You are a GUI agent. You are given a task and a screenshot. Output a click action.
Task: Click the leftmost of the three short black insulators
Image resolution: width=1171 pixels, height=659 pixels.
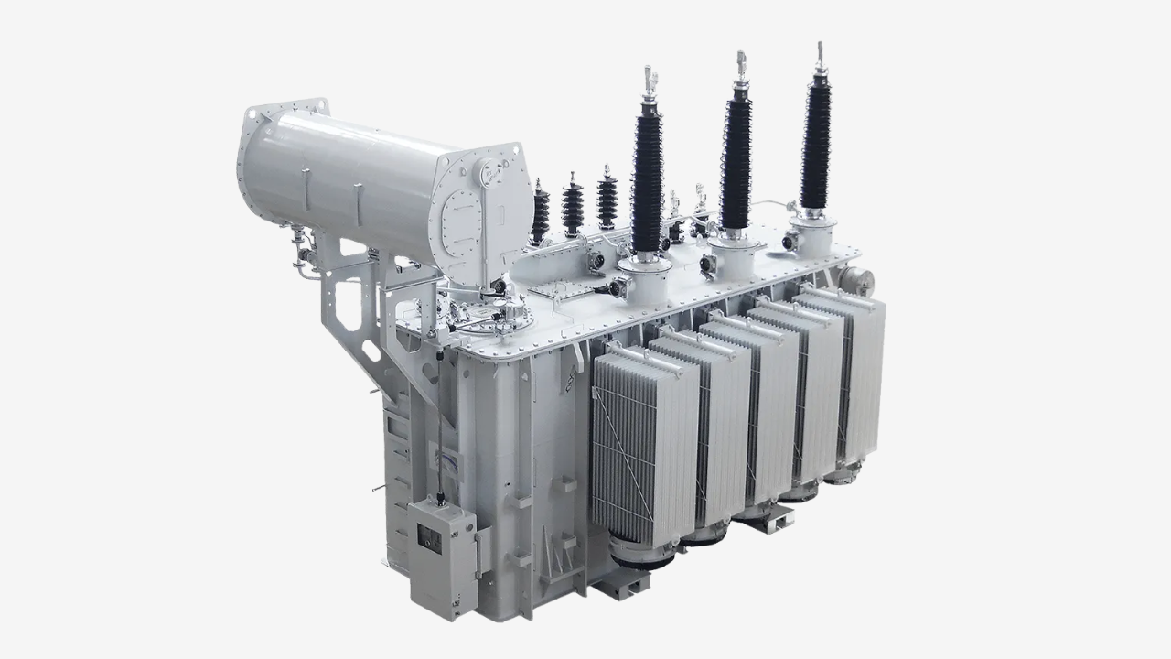pyautogui.click(x=542, y=216)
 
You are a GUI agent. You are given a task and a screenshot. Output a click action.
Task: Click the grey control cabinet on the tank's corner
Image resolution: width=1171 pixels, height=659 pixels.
pyautogui.click(x=441, y=554)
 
